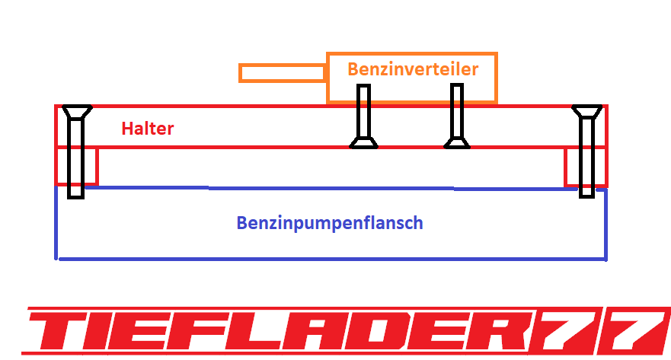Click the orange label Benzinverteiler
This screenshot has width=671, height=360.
click(x=412, y=69)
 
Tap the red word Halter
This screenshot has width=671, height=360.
click(x=148, y=129)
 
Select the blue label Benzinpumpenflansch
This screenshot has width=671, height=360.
click(x=329, y=224)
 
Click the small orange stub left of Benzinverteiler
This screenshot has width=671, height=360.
click(x=282, y=73)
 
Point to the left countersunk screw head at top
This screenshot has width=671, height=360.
click(x=76, y=112)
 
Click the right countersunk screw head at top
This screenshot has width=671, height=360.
click(x=587, y=112)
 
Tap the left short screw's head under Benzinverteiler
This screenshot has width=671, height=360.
click(x=363, y=142)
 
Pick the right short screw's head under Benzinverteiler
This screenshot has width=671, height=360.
click(x=457, y=142)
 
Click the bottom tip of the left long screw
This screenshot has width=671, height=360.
click(x=75, y=194)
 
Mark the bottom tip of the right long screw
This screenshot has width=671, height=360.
click(x=586, y=193)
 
